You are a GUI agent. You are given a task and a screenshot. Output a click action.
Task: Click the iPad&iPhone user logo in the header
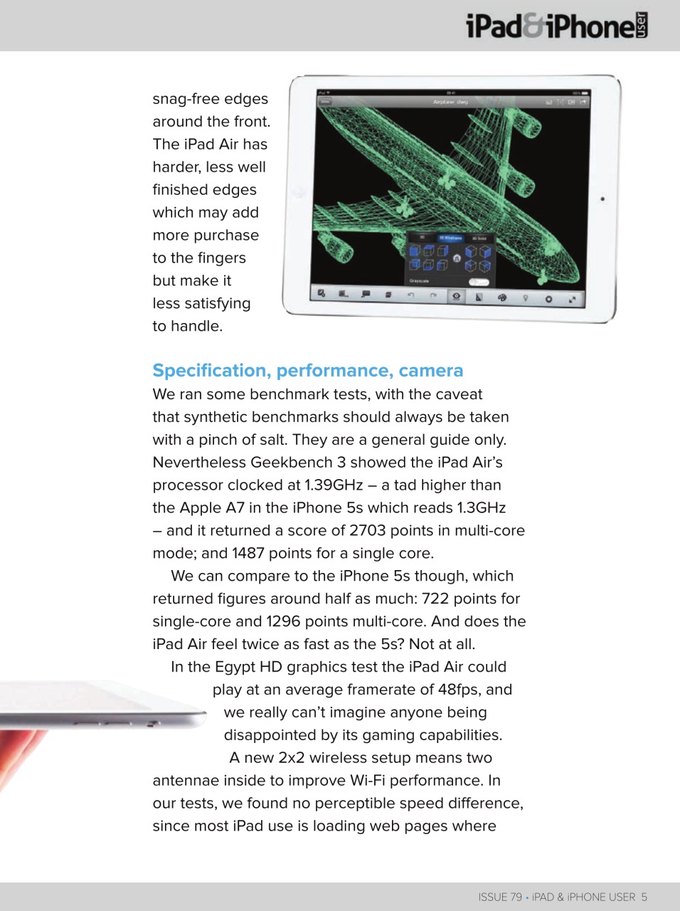pos(556,26)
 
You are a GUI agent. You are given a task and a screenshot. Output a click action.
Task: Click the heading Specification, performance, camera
pos(307,371)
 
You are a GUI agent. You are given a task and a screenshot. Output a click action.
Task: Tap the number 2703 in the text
pos(368,530)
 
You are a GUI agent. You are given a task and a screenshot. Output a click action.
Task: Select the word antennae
pos(186,781)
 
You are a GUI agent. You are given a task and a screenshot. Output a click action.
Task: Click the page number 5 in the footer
pos(644,897)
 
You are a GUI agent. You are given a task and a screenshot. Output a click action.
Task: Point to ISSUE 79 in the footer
pos(499,897)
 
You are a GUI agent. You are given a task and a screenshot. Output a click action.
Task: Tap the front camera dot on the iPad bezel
pos(602,199)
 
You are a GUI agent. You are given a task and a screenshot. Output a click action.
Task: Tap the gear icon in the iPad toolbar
pos(548,299)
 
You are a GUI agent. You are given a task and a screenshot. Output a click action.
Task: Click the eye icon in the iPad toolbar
pos(456,297)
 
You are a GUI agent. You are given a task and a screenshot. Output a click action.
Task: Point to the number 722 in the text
pos(435,599)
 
